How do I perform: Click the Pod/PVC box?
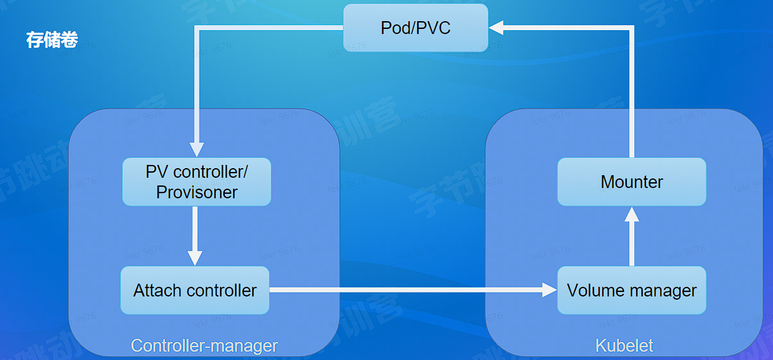415,28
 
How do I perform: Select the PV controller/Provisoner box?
196,182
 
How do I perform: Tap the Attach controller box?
195,290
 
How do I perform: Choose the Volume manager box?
631,290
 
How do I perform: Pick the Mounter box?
631,182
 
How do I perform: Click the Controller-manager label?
204,345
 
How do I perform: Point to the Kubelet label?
624,345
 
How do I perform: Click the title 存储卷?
52,40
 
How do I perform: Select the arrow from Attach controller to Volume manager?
411,290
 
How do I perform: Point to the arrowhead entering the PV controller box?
196,150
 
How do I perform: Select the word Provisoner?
196,192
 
